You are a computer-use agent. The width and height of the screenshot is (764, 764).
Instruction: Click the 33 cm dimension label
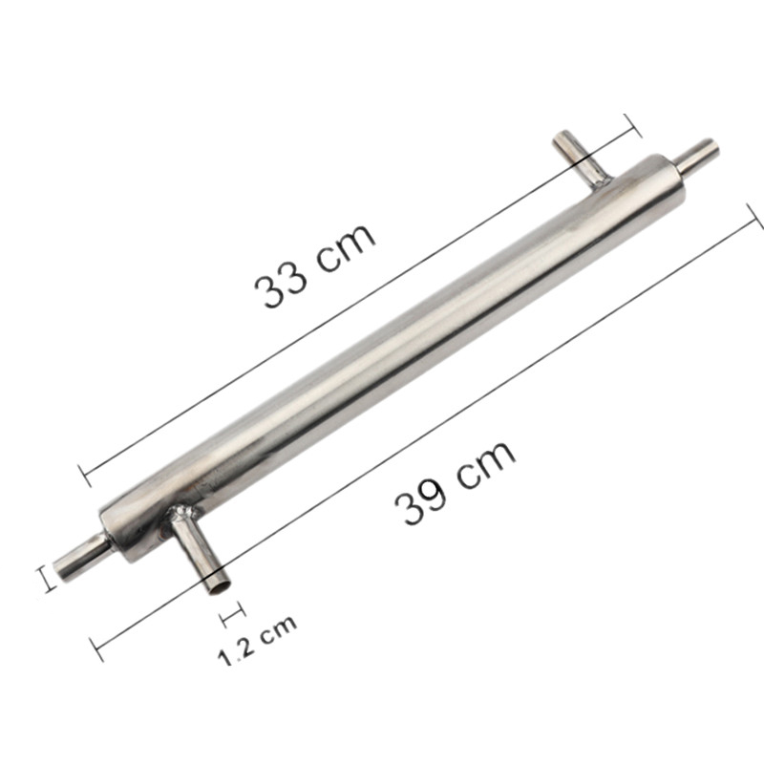click(314, 266)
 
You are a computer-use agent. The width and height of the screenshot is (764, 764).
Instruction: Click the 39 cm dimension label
click(455, 483)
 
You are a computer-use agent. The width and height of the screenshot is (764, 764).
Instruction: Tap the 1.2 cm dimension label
click(257, 639)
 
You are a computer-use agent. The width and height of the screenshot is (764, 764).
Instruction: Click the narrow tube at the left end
click(80, 557)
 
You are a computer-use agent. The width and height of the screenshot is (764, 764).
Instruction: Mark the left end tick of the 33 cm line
click(84, 476)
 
